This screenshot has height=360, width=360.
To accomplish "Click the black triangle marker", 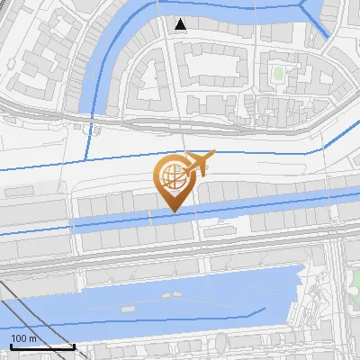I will point(182,24).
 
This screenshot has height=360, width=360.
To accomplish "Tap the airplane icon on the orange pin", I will point(199,162).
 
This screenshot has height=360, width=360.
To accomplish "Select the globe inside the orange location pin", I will point(171,174).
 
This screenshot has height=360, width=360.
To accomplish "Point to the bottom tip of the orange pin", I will point(172,211).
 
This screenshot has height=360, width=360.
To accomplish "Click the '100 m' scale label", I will point(23,337).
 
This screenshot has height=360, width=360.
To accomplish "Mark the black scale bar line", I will point(41,346).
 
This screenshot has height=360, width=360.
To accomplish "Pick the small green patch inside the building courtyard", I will point(277,71).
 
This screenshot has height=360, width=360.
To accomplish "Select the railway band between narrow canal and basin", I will point(180,253).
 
